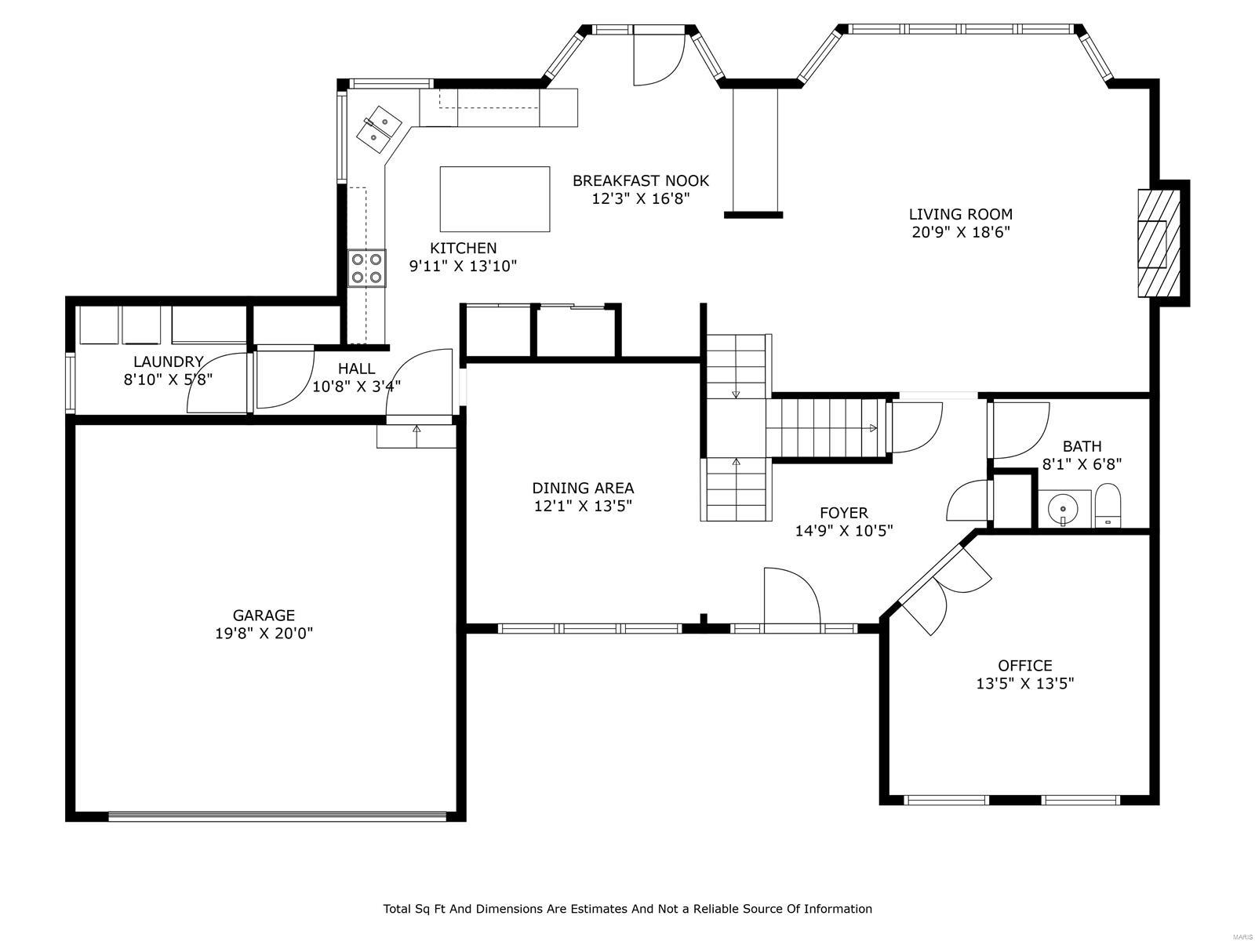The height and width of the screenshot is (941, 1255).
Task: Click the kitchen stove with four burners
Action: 366,267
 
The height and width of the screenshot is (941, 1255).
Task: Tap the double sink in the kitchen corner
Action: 379,129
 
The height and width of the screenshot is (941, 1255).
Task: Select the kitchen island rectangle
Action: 494,198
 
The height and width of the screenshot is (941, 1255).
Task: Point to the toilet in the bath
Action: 1108,506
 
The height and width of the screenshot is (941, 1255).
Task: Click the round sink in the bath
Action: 1064,508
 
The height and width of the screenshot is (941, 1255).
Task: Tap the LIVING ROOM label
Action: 960,214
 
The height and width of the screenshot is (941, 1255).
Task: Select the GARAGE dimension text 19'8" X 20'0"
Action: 264,634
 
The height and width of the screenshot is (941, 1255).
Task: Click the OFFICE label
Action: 1024,666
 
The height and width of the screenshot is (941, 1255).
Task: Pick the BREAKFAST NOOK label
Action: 640,180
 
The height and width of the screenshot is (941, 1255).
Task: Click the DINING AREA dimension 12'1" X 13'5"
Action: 583,507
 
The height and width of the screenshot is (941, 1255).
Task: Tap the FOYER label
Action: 844,513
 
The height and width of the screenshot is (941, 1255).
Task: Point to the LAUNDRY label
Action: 168,362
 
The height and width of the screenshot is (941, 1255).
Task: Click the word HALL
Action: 356,369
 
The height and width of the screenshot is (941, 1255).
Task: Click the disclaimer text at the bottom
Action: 627,909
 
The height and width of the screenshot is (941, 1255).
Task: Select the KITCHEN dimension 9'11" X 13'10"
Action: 463,267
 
